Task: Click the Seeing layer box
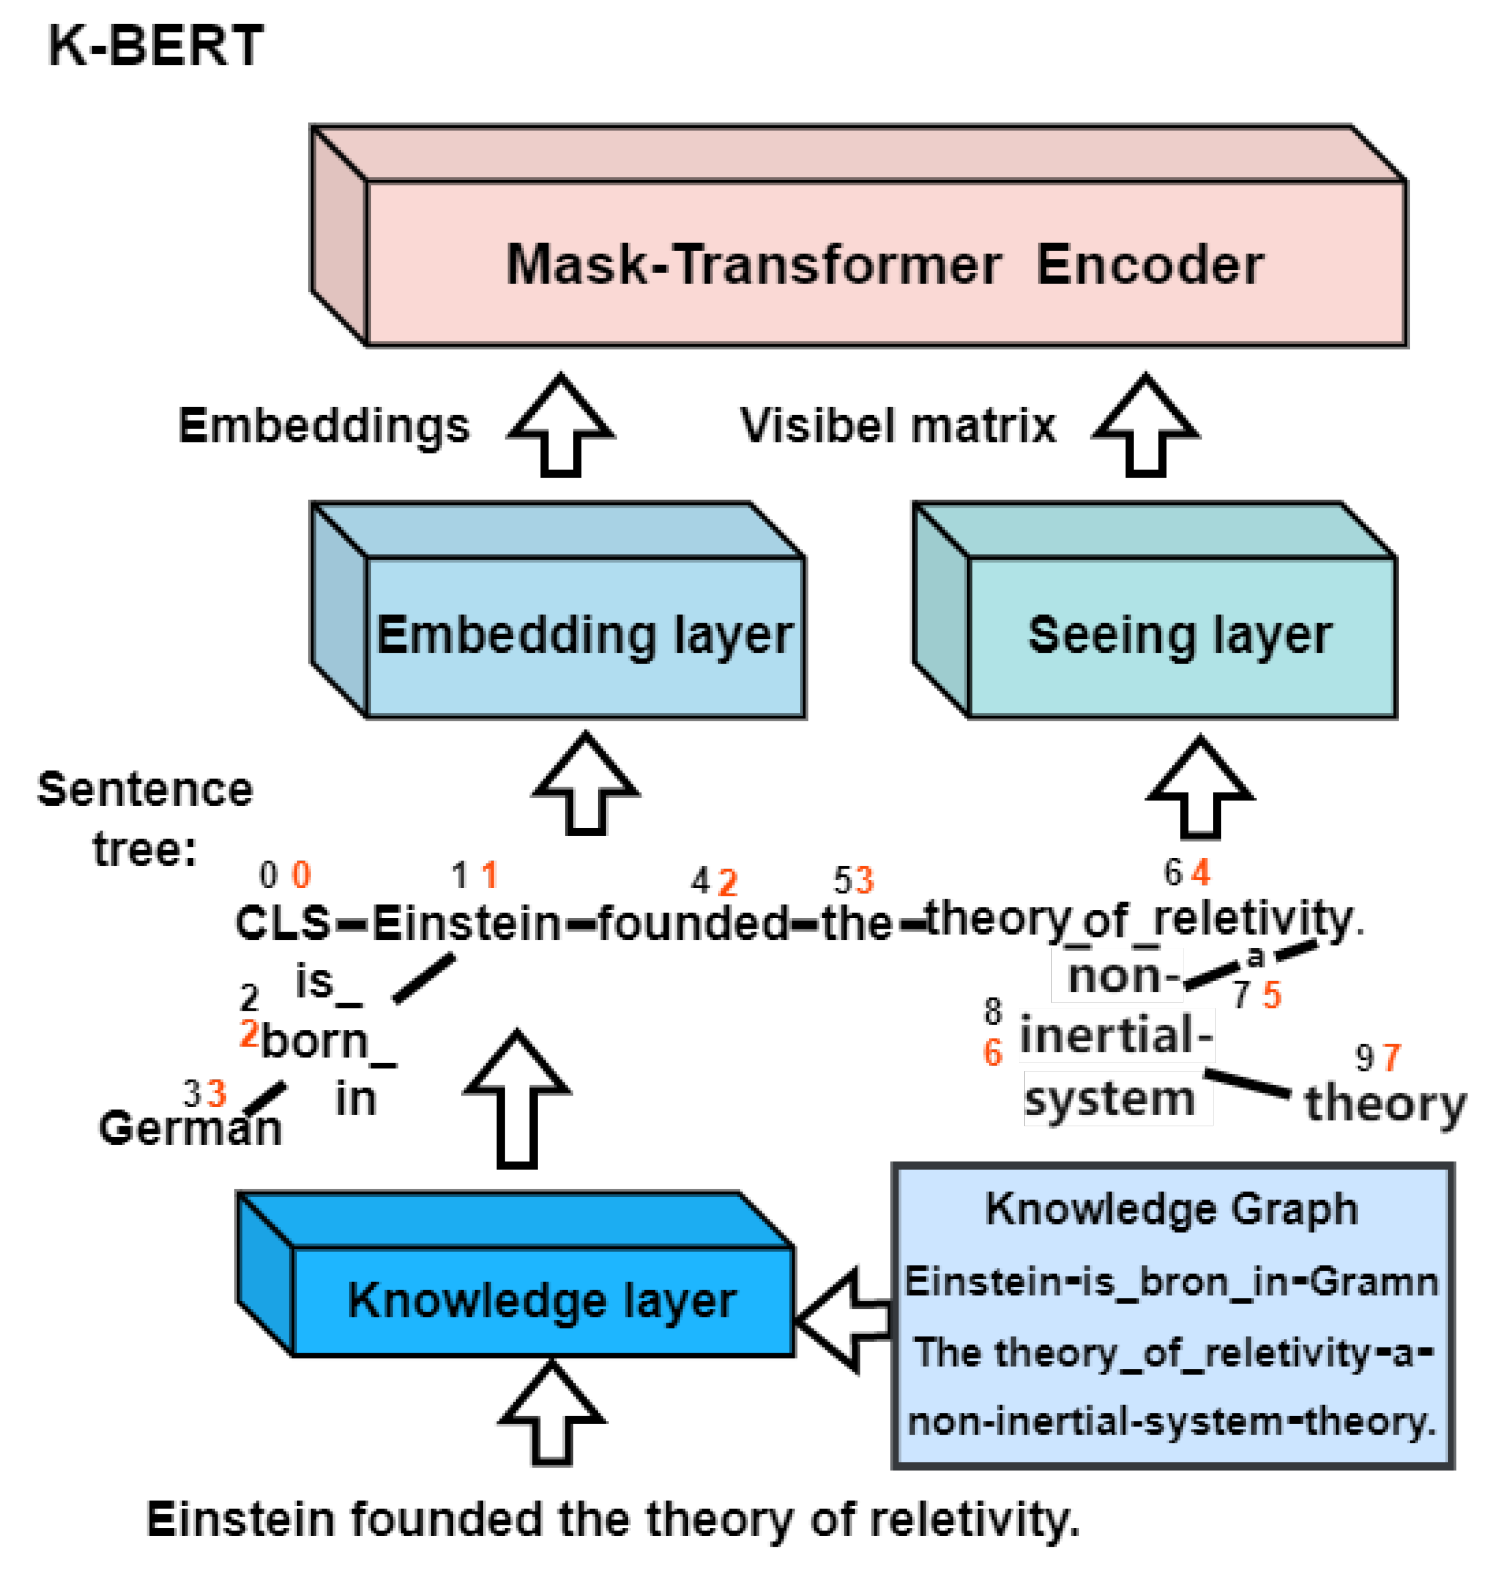(x=1180, y=636)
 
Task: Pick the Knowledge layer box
(x=542, y=1301)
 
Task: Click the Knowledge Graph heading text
(x=1172, y=1209)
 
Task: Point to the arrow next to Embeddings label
(x=561, y=426)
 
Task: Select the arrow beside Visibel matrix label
(x=1145, y=426)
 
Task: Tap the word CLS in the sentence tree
(x=283, y=924)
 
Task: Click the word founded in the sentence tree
(x=693, y=924)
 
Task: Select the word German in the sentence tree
(x=190, y=1128)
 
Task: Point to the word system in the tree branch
(x=1110, y=1099)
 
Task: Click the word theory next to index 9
(x=1385, y=1104)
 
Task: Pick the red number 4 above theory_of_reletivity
(x=1201, y=873)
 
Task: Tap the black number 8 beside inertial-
(x=993, y=1011)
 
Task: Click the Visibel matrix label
(x=897, y=426)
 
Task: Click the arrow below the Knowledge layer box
(x=552, y=1414)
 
